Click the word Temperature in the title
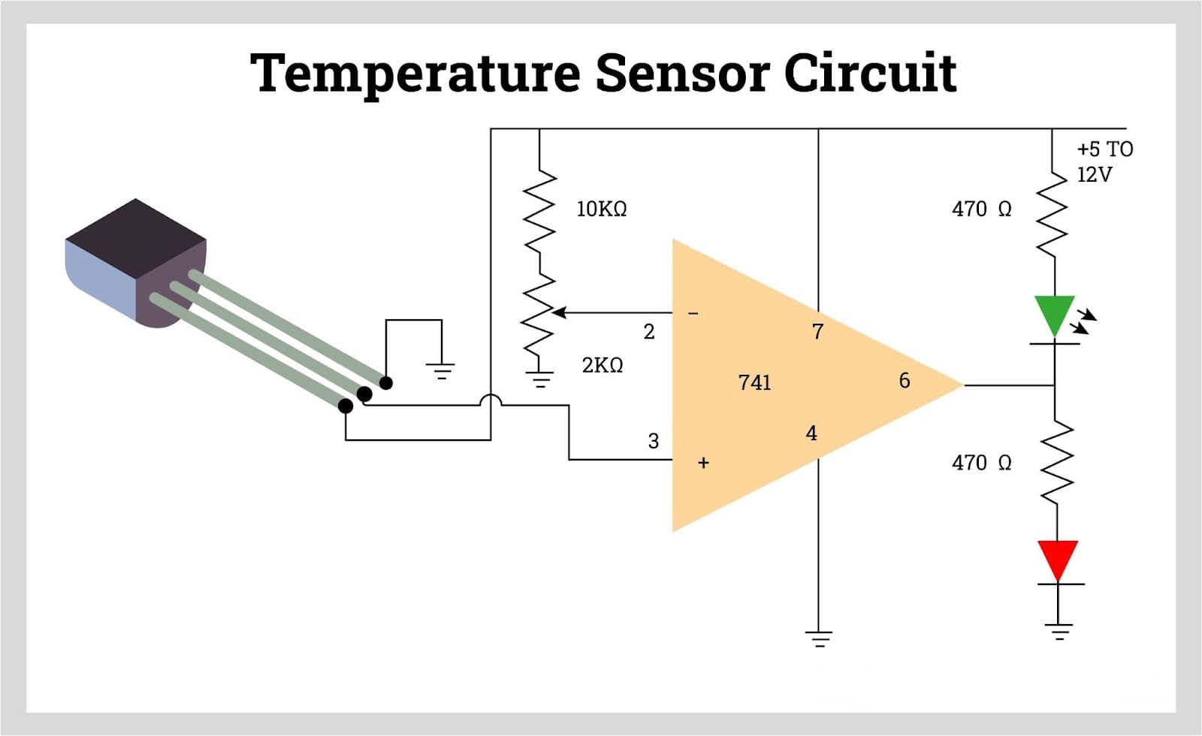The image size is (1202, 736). coord(415,74)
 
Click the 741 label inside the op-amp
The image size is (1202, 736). coord(754,382)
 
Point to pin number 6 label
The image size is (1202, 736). coord(905,381)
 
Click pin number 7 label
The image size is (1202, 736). coord(817,331)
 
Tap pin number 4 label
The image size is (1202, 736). coord(811,433)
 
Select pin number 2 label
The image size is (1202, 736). coord(649,331)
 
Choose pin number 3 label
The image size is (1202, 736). coord(653,441)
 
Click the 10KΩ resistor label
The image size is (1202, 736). coord(601,209)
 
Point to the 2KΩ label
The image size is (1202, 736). coord(602,365)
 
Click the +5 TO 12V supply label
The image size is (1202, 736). coord(1104,161)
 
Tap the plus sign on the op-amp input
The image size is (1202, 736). coord(703,463)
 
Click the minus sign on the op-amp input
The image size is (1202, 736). coord(693,312)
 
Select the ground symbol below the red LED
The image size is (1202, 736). coord(1059,631)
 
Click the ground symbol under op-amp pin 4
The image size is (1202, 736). coord(818,639)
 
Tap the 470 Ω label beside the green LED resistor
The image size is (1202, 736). coord(981,209)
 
